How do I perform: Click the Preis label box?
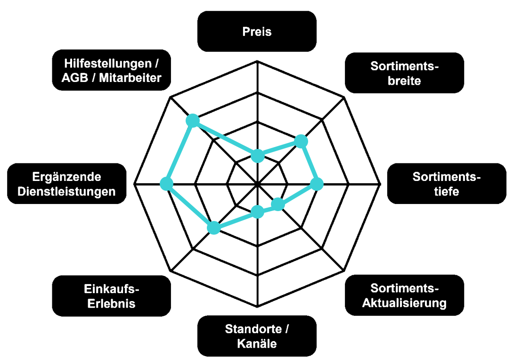(257, 32)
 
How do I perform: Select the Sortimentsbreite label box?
(404, 73)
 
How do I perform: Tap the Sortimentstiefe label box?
(447, 184)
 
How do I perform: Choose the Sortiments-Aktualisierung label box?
(404, 295)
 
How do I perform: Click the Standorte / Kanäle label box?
(257, 336)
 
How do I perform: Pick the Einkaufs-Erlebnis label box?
(112, 296)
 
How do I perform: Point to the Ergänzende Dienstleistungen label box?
(66, 184)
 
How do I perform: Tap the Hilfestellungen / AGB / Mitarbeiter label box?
(112, 70)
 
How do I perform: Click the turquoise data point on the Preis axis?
(258, 156)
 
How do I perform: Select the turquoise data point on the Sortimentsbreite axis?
(301, 141)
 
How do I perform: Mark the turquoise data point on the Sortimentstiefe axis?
(317, 184)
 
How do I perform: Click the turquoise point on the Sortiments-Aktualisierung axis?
(277, 204)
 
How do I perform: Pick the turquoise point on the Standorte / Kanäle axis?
(258, 212)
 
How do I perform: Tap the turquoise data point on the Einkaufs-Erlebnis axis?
(214, 228)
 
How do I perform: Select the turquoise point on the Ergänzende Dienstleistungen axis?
(166, 184)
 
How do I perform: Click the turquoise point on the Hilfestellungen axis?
(193, 120)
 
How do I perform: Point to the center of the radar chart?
(258, 184)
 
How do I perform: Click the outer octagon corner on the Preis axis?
(258, 61)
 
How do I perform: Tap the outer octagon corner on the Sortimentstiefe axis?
(380, 184)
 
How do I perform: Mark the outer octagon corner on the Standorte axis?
(258, 307)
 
